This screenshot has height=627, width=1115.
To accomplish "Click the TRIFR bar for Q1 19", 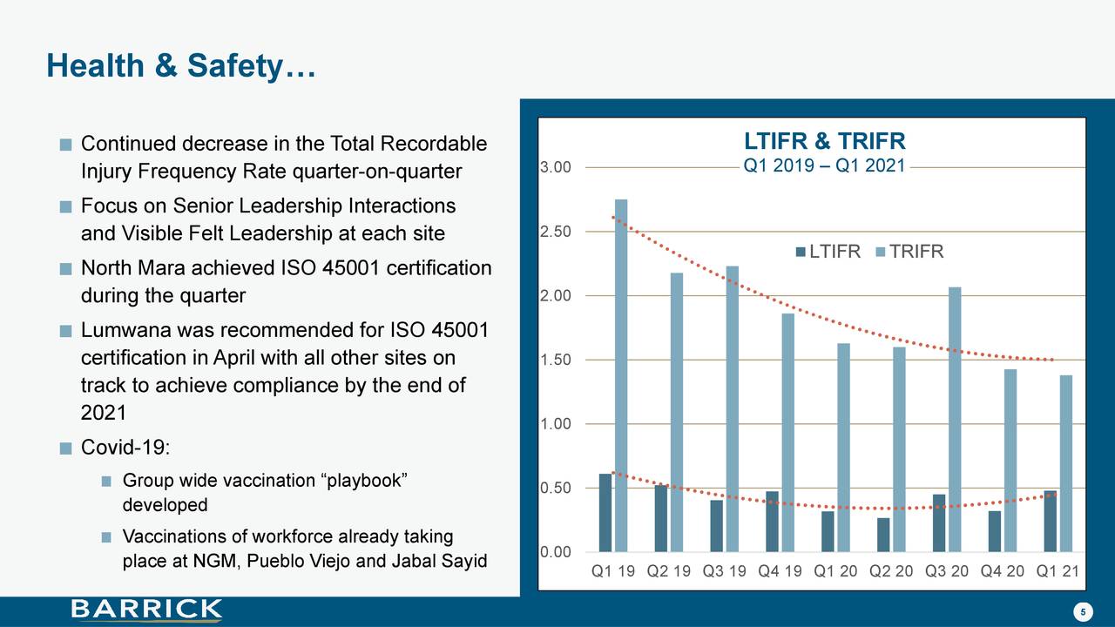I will click(x=621, y=375).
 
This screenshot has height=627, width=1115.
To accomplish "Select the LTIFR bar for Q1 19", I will click(x=605, y=513).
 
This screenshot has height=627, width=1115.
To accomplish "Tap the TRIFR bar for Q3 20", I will click(x=955, y=419).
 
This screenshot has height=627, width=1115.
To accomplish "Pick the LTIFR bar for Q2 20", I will click(x=883, y=535).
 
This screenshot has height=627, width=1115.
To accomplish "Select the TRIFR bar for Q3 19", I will click(x=732, y=408).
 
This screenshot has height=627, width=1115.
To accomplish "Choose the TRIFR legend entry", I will click(x=909, y=253).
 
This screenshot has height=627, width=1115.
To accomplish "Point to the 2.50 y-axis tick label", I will click(x=556, y=232).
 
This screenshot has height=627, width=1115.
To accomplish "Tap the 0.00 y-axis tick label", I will click(x=556, y=552).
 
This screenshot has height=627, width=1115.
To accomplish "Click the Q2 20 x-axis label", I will click(x=891, y=572).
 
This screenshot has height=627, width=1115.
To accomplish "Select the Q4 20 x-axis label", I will click(x=1003, y=572).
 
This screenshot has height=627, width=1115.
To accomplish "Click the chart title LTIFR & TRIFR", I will click(x=824, y=142).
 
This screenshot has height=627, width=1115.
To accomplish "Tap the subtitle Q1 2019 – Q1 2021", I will click(x=824, y=165).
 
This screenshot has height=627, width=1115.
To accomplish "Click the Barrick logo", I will click(x=146, y=610).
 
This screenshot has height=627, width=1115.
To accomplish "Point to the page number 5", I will click(x=1082, y=612).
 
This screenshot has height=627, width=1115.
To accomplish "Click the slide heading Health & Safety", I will click(x=180, y=66).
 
